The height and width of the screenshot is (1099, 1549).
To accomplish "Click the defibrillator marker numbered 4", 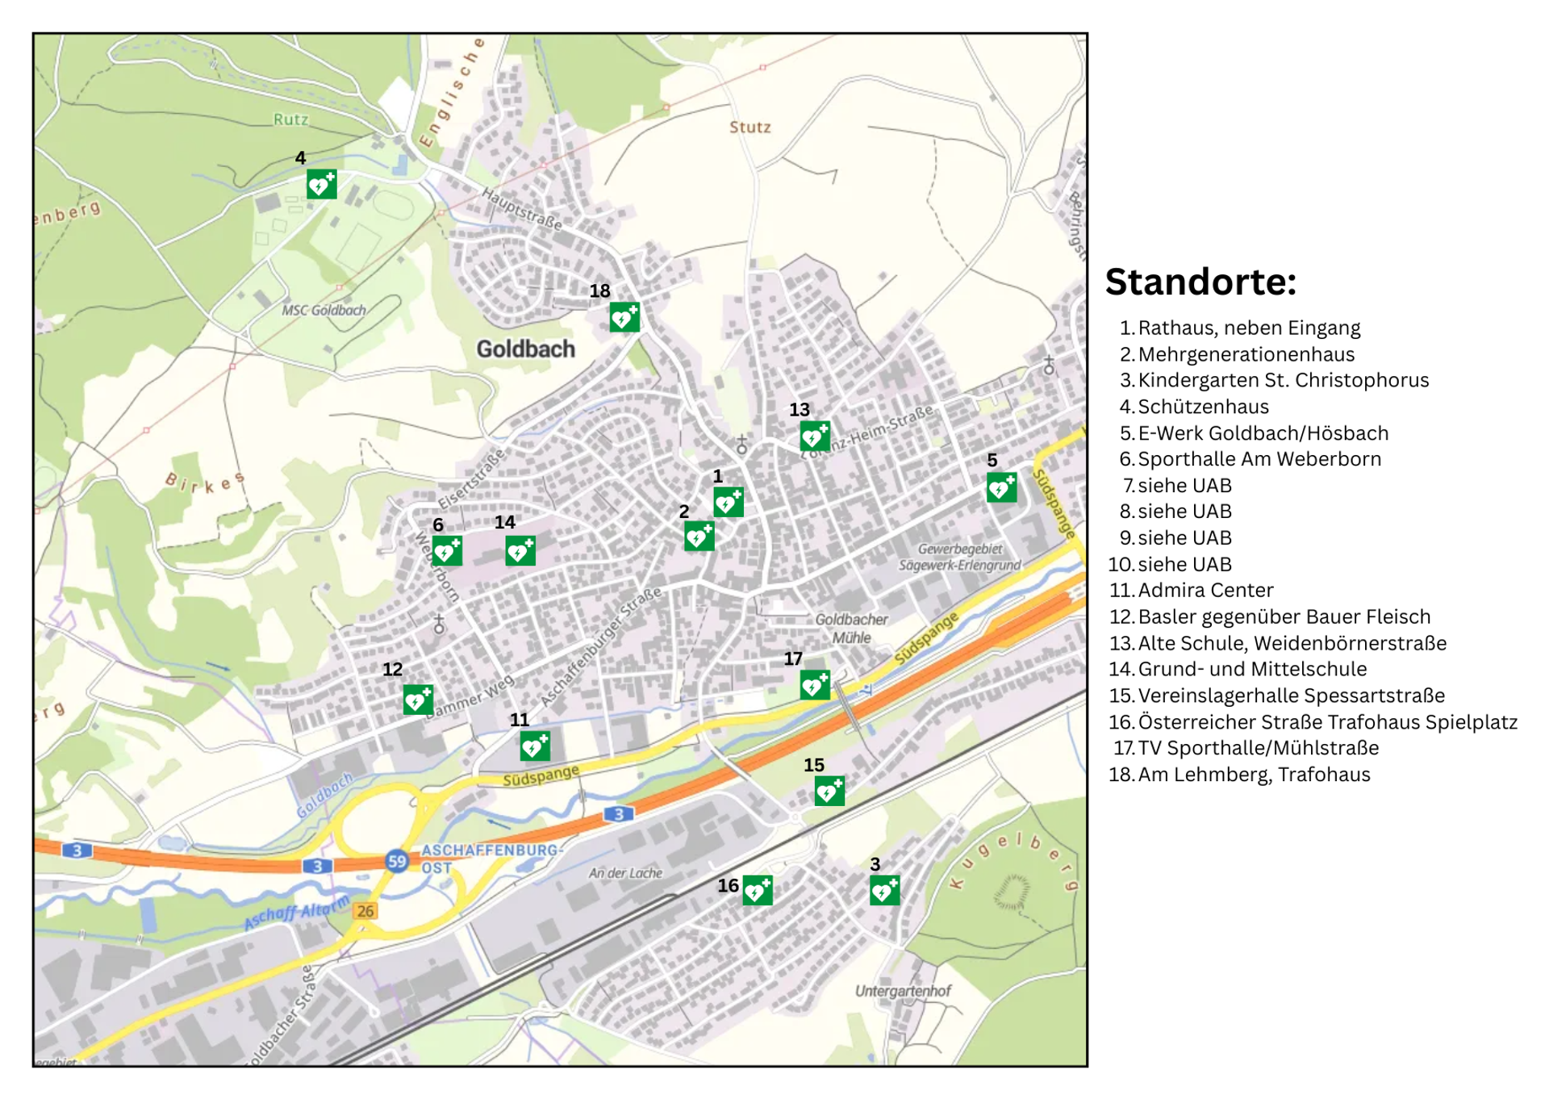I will tap(321, 185).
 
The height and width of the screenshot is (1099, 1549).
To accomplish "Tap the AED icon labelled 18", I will tap(624, 317).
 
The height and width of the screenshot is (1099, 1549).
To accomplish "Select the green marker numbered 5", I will tap(1001, 487).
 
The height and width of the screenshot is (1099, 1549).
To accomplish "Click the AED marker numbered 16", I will tap(757, 890).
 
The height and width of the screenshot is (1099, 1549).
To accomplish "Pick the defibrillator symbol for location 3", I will tap(884, 890).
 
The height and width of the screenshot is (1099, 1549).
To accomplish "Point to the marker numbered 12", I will tap(418, 700).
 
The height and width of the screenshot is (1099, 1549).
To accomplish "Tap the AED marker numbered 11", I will tap(534, 746).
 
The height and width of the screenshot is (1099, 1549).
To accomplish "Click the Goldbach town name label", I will tap(525, 349).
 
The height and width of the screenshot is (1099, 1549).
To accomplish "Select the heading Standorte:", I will tap(1200, 282).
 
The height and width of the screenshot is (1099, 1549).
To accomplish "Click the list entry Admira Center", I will tap(1205, 590).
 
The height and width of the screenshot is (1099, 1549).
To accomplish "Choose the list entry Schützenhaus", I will tap(1203, 407).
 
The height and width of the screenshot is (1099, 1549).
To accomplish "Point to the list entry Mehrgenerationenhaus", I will tap(1246, 354).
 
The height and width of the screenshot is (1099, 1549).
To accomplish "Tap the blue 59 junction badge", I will tap(396, 861).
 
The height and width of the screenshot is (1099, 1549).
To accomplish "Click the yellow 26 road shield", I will tap(365, 911).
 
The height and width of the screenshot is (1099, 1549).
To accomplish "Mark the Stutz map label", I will tap(749, 127).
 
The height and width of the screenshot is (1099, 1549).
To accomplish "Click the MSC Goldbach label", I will tap(324, 310).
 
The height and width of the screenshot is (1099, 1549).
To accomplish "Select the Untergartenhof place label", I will tap(902, 990).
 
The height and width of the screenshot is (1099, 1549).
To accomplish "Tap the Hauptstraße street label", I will tap(521, 208).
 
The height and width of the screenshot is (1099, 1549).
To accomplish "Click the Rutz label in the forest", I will tap(290, 119).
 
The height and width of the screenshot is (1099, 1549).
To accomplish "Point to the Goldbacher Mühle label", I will tap(850, 628).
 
